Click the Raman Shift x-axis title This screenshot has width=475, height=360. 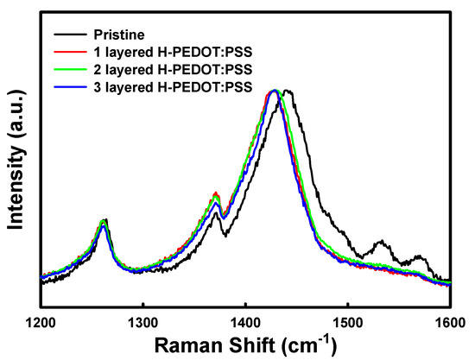click(246, 344)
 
